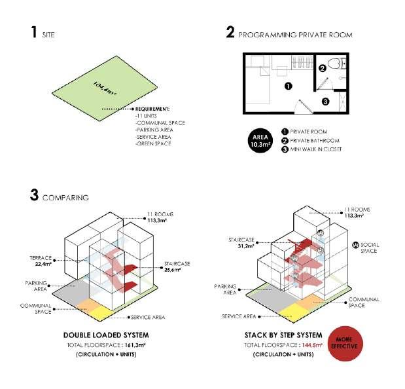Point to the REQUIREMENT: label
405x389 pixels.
click(x=152, y=109)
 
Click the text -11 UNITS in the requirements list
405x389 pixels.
click(x=147, y=116)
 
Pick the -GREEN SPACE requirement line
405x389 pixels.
click(x=153, y=143)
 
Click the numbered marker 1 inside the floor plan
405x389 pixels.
click(x=288, y=86)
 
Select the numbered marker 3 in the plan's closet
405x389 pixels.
click(x=325, y=101)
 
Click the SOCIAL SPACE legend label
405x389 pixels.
click(x=370, y=247)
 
